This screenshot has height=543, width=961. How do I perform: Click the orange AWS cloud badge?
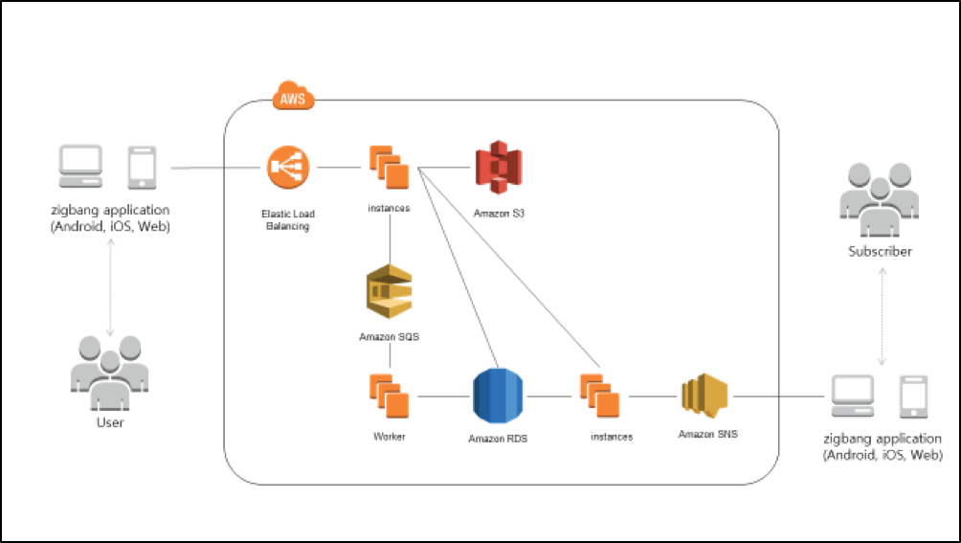click(293, 97)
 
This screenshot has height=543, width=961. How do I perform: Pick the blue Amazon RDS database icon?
click(499, 396)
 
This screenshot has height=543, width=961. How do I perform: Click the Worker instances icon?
click(389, 396)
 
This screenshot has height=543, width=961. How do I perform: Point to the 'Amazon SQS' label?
click(389, 337)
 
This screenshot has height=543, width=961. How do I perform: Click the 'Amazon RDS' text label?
click(498, 440)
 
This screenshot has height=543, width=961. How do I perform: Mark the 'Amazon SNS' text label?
click(707, 434)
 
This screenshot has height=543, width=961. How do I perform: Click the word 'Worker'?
click(390, 437)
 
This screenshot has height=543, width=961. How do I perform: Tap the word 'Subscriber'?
click(880, 252)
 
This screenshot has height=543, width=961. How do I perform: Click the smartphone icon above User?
click(142, 168)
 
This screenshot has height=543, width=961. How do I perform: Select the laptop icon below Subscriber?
click(852, 396)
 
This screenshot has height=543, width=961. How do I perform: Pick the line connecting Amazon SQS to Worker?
click(390, 357)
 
